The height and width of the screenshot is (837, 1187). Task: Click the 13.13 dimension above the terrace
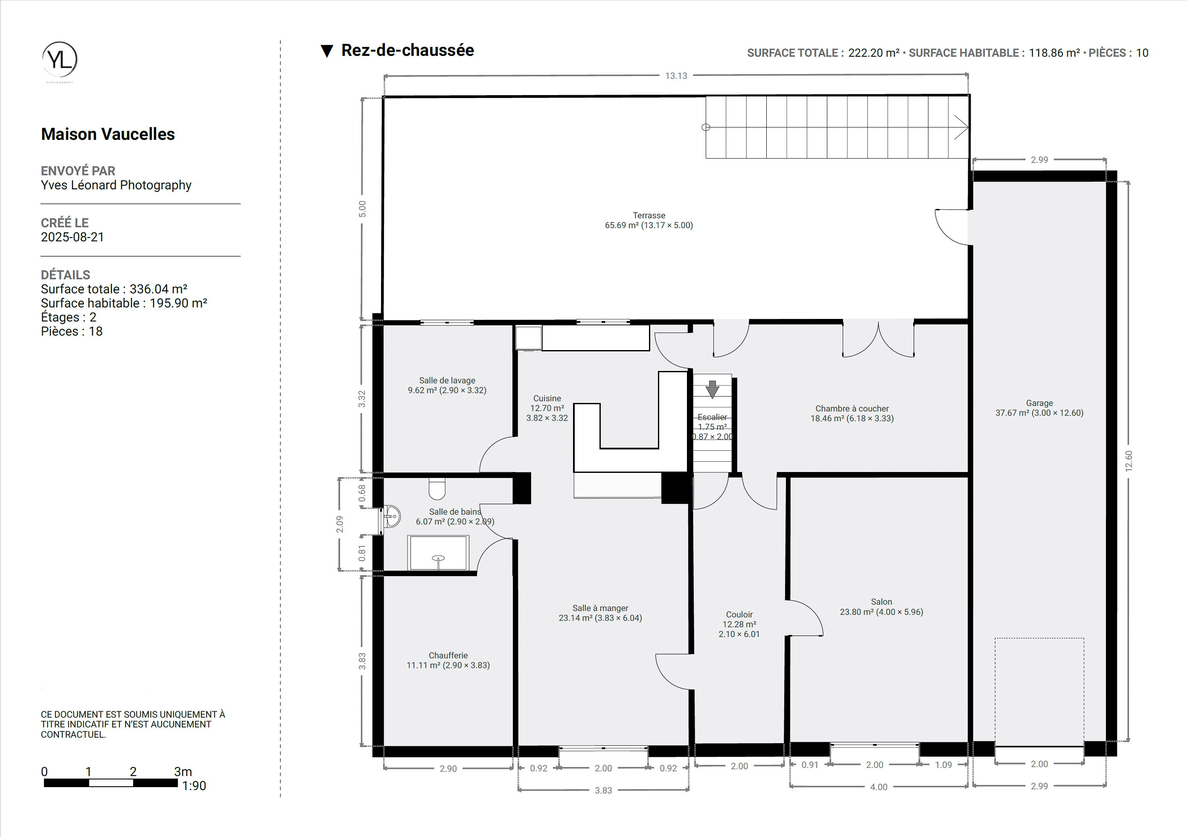pos(676,76)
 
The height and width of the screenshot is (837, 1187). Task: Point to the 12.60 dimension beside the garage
pos(1129,461)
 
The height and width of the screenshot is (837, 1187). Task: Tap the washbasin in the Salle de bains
pos(392,516)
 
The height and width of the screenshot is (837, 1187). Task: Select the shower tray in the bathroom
pos(438,553)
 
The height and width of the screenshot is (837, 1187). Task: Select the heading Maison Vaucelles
pos(108,134)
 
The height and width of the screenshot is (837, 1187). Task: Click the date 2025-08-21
pos(73,237)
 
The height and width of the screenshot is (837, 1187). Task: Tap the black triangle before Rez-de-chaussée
pos(327,51)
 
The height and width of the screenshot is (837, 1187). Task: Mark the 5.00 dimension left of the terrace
pos(362,209)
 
